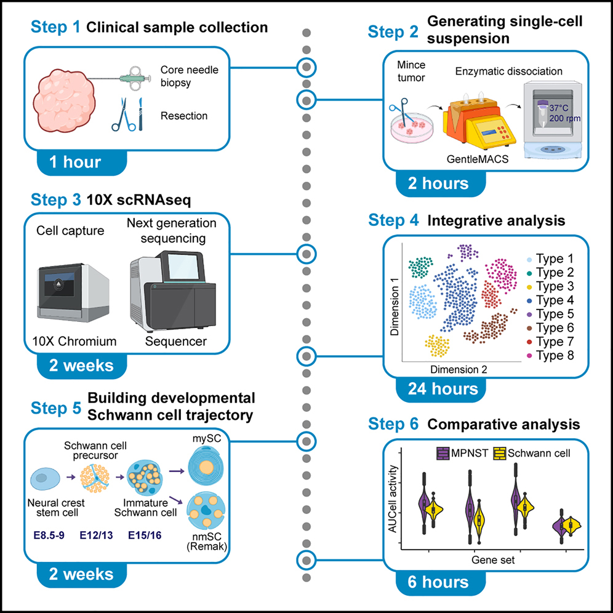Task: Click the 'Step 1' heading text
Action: click(54, 28)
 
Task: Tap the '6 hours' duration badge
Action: click(438, 582)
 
